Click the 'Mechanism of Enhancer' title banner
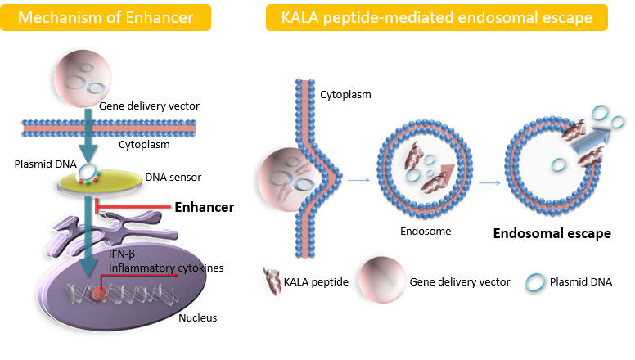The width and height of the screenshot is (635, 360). (x=106, y=17)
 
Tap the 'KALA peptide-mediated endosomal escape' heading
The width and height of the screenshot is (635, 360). (x=437, y=17)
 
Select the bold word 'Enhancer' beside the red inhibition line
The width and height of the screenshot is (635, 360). (x=204, y=207)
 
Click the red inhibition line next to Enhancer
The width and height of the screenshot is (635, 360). (x=133, y=206)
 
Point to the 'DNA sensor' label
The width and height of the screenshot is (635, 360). (x=173, y=178)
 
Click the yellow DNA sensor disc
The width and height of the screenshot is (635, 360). (x=100, y=181)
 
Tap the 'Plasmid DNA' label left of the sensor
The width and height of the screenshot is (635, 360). (x=45, y=164)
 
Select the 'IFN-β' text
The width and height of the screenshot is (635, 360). (x=121, y=254)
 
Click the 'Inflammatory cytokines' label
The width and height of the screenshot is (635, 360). (x=166, y=268)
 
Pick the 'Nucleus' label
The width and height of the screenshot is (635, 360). (x=198, y=318)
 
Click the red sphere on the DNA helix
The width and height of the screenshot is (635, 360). (x=99, y=293)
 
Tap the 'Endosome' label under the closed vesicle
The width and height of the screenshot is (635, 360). (x=426, y=232)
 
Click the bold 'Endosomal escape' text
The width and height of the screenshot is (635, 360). (x=552, y=233)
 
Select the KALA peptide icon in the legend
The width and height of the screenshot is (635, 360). (x=272, y=281)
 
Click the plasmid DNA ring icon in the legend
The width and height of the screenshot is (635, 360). (x=535, y=282)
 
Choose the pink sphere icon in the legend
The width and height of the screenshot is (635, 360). (x=382, y=280)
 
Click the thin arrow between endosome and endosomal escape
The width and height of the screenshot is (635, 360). (x=489, y=183)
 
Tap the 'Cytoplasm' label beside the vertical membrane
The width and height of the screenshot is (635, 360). (x=345, y=95)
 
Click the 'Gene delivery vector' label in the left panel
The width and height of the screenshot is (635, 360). (x=149, y=106)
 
